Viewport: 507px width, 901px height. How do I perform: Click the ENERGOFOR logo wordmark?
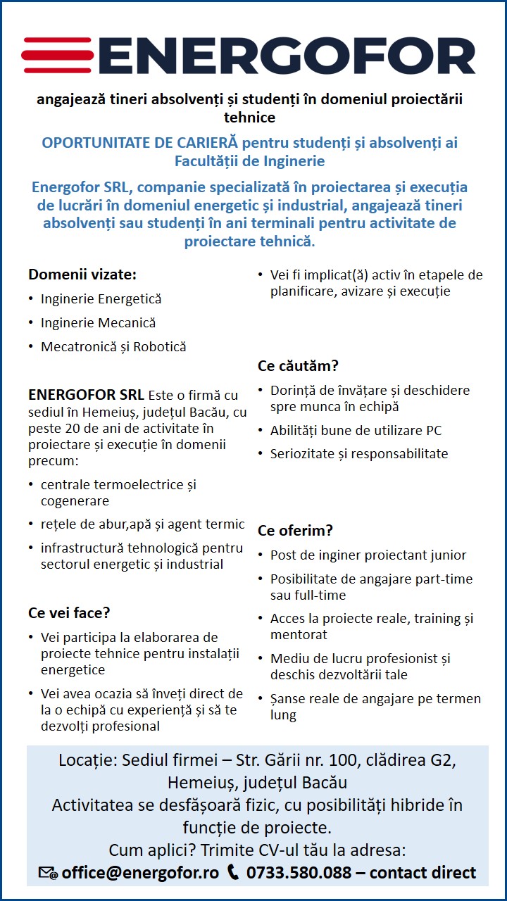289,56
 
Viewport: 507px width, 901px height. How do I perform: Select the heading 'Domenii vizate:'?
82,275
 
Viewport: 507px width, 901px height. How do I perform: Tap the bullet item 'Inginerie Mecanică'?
98,323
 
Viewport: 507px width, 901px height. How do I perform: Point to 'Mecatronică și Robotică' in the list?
113,347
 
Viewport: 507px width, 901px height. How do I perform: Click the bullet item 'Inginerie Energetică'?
101,299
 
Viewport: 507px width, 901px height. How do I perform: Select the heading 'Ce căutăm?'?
298,366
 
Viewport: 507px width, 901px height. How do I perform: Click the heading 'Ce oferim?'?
295,531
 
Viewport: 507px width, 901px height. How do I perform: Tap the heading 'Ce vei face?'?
69,613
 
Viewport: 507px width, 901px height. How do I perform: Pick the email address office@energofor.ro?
140,873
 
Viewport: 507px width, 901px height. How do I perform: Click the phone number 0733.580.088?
299,873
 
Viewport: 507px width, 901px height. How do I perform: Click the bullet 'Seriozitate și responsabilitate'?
359,454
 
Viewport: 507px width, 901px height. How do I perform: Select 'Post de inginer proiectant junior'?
368,555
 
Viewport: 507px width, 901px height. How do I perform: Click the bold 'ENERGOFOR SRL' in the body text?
86,395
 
